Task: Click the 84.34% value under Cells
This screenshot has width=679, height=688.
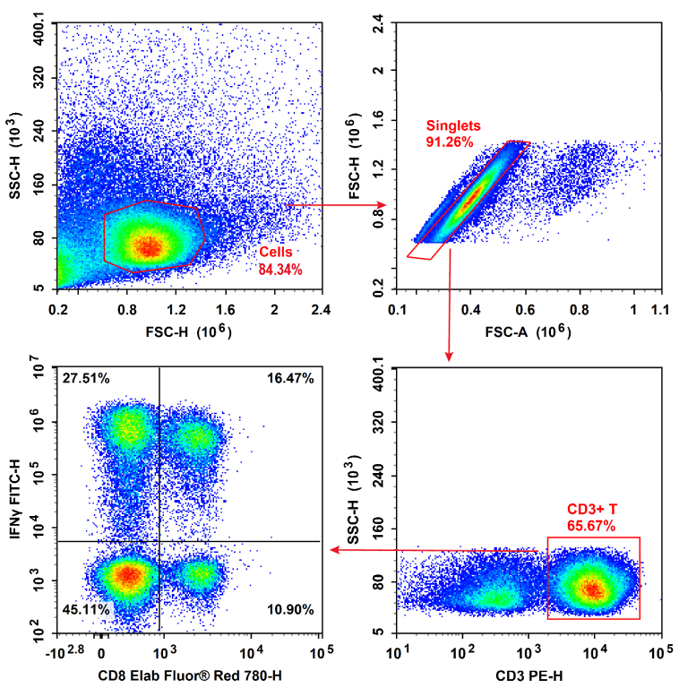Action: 280,269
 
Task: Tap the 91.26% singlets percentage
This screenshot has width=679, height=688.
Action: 450,142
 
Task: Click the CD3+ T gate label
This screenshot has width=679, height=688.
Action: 592,509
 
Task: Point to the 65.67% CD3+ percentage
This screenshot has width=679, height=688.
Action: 591,526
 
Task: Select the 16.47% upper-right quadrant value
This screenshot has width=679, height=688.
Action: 290,379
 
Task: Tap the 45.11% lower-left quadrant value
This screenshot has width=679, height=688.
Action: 86,610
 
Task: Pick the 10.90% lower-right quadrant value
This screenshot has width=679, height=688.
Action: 290,610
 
